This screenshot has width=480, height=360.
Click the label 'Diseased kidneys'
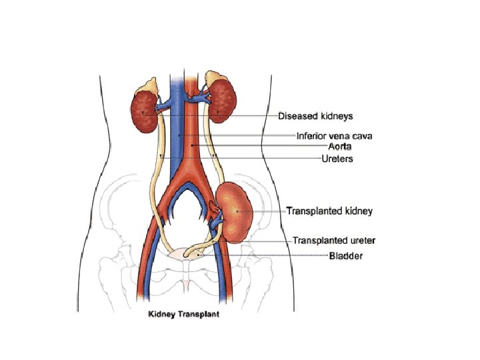pyautogui.click(x=315, y=115)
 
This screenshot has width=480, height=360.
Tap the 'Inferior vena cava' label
pyautogui.click(x=334, y=136)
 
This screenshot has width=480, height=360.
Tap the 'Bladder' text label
pyautogui.click(x=346, y=255)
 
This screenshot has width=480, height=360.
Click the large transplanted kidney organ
pyautogui.click(x=240, y=210)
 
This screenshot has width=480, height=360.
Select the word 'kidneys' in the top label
pyautogui.click(x=335, y=115)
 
